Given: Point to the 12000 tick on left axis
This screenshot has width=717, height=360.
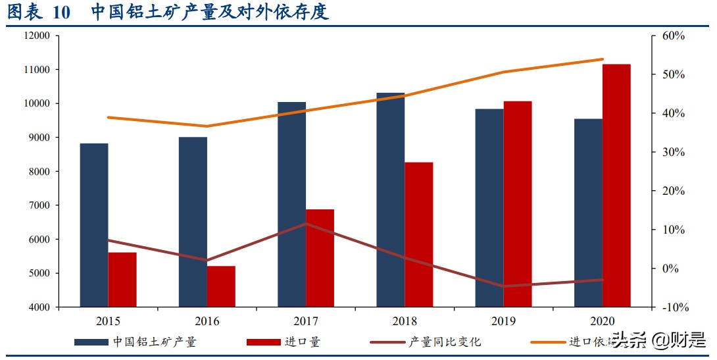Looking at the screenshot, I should click(37, 36).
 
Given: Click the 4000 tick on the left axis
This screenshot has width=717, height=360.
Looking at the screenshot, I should click(39, 307).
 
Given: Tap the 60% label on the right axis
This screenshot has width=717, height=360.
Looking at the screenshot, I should click(673, 36).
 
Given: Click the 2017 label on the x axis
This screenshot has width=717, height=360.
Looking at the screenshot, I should click(306, 322).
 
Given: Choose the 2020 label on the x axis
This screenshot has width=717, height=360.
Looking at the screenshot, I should click(603, 322).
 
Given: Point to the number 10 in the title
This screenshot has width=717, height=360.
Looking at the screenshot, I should click(59, 13).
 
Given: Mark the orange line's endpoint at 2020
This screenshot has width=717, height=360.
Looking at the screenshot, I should click(603, 59).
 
